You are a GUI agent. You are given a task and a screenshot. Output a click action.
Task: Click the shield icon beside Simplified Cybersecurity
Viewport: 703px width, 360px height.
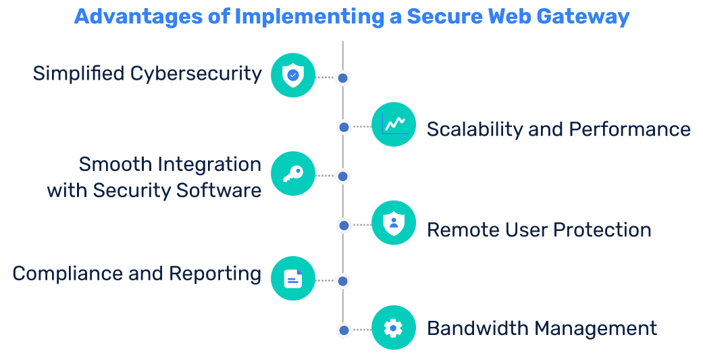[x=292, y=75]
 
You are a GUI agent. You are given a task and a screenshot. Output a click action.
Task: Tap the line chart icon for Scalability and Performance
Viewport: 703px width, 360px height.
[x=393, y=124]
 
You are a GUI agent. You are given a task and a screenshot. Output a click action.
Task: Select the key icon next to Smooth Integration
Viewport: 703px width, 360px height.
[x=292, y=174]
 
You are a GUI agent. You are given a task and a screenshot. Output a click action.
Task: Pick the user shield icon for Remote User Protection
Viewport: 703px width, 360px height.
[x=393, y=223]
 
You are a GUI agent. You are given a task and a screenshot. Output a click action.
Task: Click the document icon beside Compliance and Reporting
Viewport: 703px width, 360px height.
[x=292, y=278]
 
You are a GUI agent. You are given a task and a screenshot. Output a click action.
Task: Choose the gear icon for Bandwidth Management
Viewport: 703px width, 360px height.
[x=393, y=328]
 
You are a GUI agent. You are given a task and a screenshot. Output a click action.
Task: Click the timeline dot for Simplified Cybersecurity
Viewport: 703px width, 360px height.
[x=343, y=78]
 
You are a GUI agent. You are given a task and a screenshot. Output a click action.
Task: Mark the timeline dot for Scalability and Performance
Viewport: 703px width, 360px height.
[x=344, y=127]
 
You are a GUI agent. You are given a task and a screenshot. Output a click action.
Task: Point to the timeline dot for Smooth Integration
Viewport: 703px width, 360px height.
[x=343, y=176]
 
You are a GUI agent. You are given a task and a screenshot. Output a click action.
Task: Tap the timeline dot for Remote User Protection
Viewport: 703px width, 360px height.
[x=344, y=226]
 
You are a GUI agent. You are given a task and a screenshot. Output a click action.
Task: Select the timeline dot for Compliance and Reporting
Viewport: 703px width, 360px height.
[x=343, y=281]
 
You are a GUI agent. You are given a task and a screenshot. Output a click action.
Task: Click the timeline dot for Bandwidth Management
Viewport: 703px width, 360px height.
[x=344, y=330]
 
